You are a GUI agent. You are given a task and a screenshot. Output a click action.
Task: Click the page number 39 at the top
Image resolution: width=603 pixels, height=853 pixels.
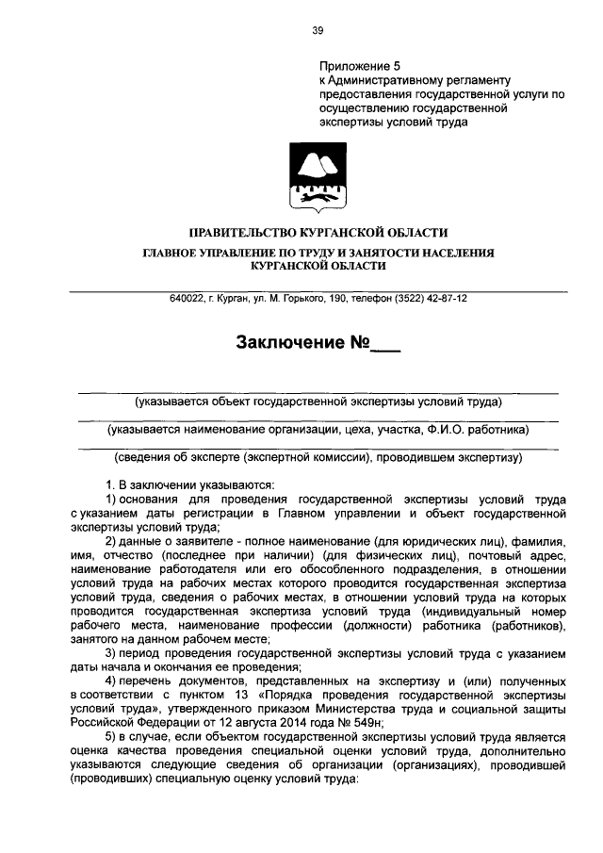tap(318, 30)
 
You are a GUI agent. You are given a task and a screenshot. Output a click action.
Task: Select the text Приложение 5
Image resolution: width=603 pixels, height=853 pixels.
tap(360, 66)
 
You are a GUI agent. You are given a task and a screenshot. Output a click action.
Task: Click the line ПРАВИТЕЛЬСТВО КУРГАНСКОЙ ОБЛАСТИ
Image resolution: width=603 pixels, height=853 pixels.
tap(318, 233)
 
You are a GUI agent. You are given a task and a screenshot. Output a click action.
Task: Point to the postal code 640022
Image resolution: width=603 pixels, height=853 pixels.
tap(187, 298)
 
